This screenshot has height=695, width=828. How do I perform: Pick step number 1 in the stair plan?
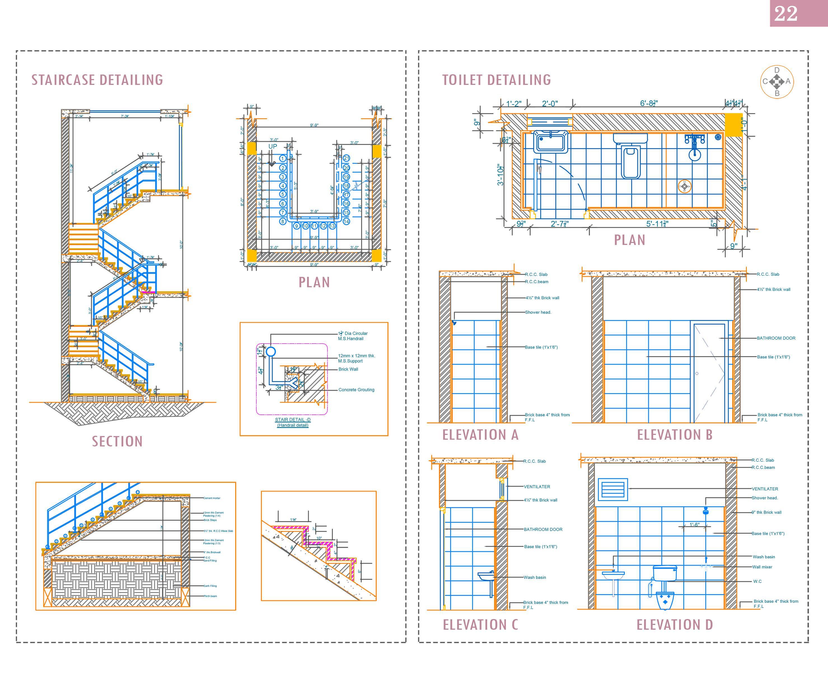pyautogui.click(x=282, y=158)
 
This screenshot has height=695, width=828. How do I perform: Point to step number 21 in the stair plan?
pyautogui.click(x=346, y=158)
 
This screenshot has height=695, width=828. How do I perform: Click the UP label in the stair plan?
pyautogui.click(x=272, y=146)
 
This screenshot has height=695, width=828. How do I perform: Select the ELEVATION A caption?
pyautogui.click(x=480, y=435)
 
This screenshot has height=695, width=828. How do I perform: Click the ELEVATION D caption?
pyautogui.click(x=674, y=625)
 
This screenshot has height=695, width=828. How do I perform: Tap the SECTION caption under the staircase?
pyautogui.click(x=117, y=441)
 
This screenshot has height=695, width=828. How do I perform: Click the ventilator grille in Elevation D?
pyautogui.click(x=613, y=489)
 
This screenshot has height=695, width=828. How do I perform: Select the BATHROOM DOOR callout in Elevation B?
pyautogui.click(x=776, y=338)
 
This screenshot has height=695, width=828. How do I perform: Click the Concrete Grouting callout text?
pyautogui.click(x=356, y=390)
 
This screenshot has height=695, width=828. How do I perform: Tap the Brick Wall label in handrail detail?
pyautogui.click(x=348, y=369)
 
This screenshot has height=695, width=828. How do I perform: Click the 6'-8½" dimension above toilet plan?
pyautogui.click(x=649, y=103)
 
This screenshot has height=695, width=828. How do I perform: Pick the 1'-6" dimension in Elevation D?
pyautogui.click(x=694, y=525)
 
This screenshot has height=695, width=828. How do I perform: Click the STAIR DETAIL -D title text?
pyautogui.click(x=293, y=420)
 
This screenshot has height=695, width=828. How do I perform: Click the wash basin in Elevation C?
pyautogui.click(x=485, y=577)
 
